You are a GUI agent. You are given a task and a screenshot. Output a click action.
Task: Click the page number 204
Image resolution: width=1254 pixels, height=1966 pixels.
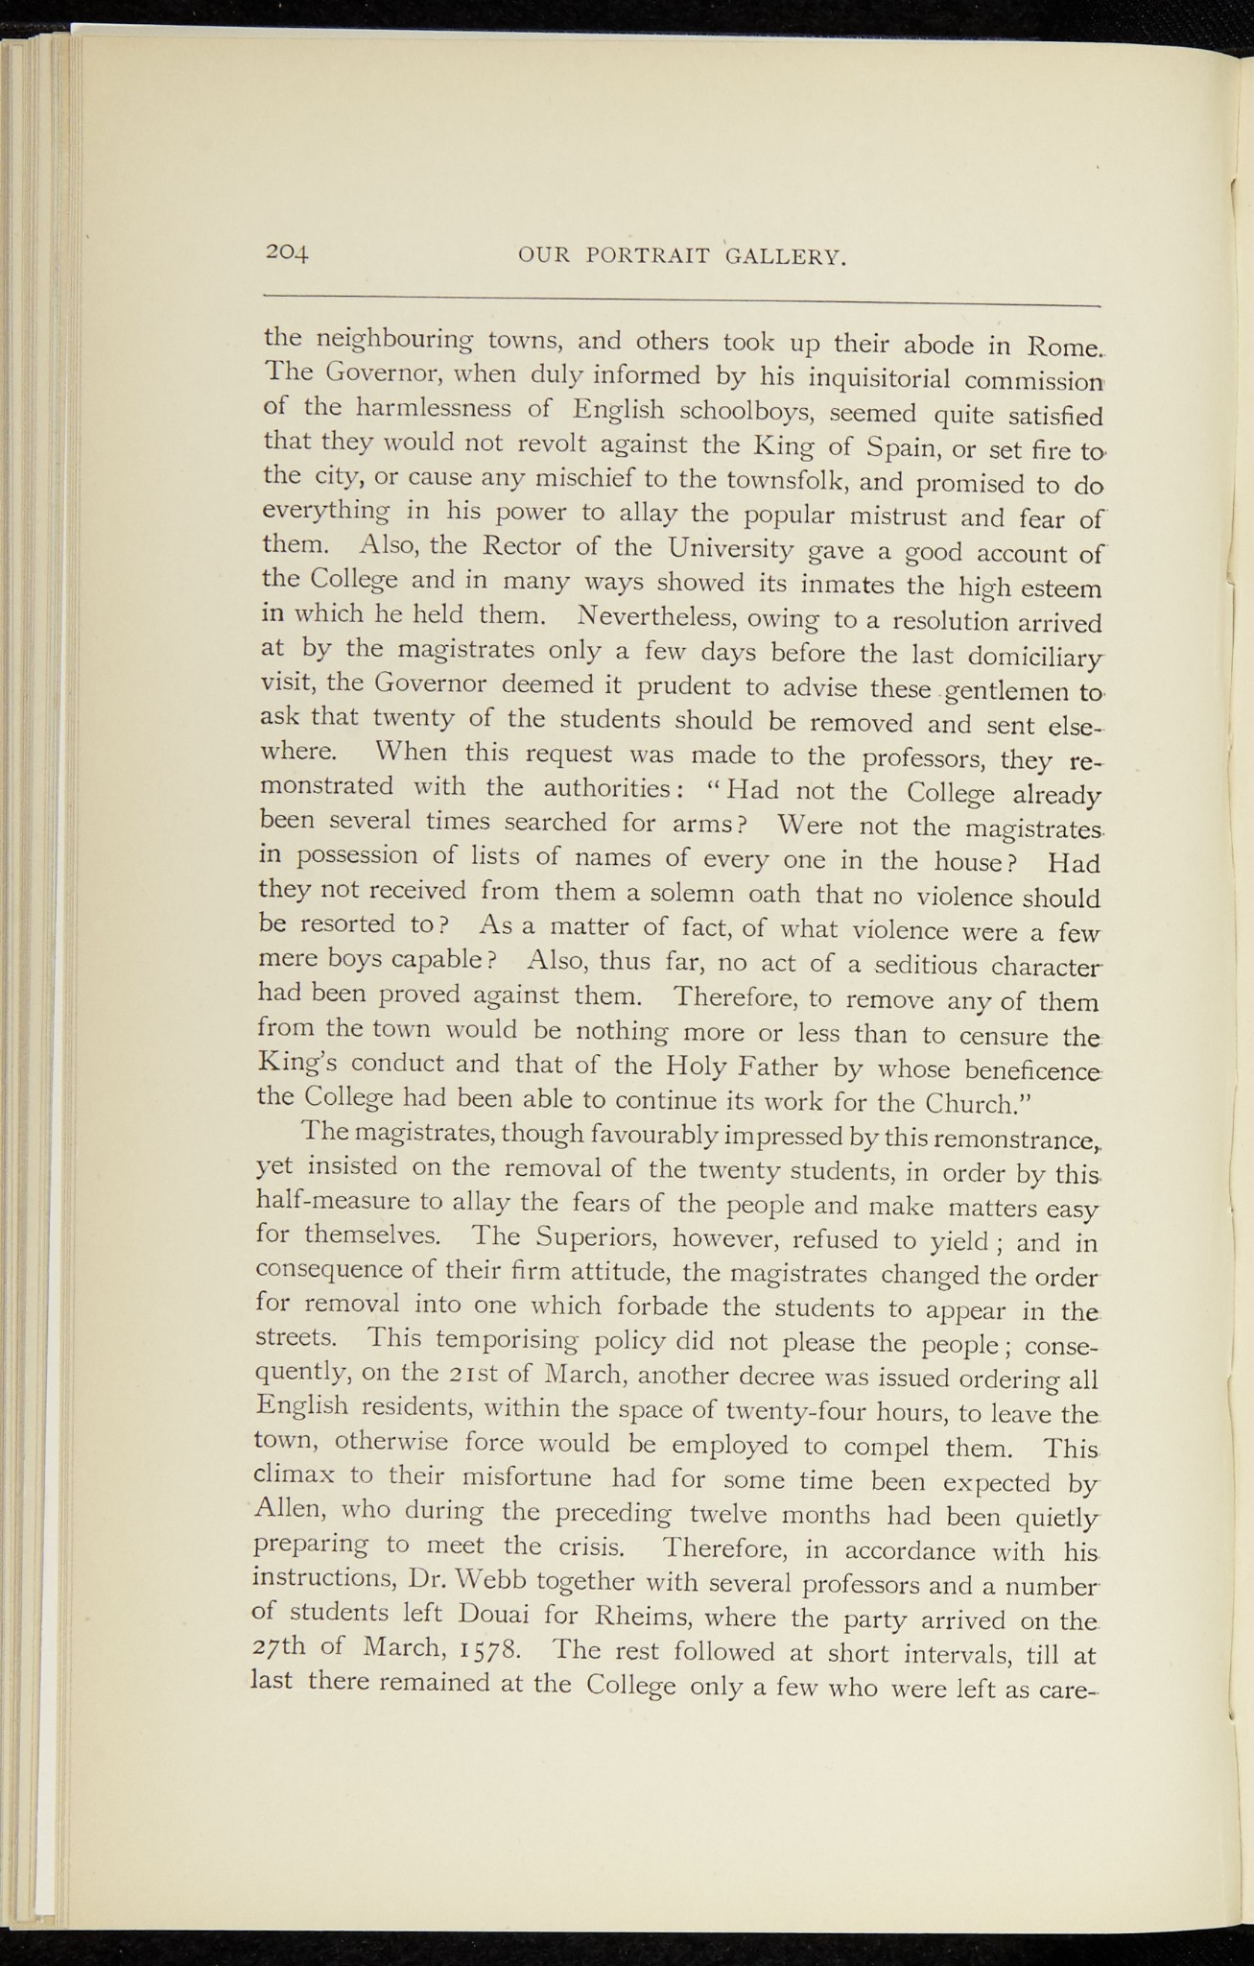[287, 252]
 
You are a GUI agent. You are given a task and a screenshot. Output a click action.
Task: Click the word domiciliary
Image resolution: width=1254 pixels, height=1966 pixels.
[1029, 659]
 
